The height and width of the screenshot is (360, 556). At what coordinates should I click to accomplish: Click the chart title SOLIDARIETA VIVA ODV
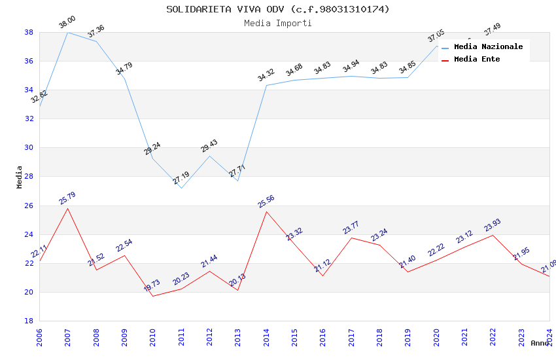(x=277, y=9)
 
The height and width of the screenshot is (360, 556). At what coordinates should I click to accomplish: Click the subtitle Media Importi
(x=277, y=23)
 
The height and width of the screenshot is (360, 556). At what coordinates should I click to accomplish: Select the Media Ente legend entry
(x=477, y=59)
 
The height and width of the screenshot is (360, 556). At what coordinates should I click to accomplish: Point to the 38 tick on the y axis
(x=29, y=32)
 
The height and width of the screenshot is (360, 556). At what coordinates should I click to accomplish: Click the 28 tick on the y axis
(x=29, y=177)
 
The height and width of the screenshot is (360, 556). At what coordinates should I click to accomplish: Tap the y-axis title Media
(x=20, y=177)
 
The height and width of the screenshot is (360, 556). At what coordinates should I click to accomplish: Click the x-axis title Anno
(x=540, y=343)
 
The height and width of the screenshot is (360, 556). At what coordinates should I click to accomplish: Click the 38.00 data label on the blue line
(x=67, y=23)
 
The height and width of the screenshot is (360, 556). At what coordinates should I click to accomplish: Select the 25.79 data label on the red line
(x=67, y=198)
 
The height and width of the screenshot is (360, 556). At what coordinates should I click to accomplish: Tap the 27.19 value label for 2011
(x=181, y=178)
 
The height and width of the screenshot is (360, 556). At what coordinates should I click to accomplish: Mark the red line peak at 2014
(x=266, y=211)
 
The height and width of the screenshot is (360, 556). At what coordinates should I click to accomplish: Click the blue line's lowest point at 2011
(x=181, y=188)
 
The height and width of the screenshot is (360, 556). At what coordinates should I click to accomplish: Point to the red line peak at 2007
(x=68, y=208)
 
